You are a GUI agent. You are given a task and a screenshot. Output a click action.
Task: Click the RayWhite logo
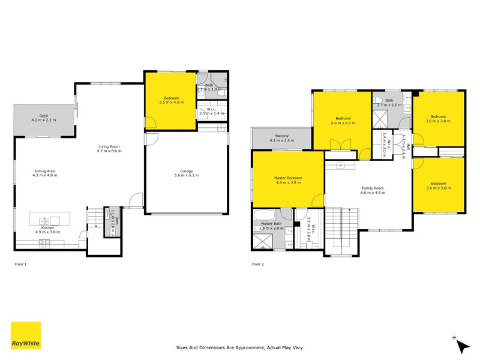point(26,335)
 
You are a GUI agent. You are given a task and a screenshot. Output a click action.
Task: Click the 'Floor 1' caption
point(20,264)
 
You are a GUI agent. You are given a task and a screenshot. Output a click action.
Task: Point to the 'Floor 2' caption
point(258,264)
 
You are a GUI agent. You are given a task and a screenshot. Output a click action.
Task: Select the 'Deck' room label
point(43,115)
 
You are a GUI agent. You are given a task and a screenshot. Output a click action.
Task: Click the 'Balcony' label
point(282,136)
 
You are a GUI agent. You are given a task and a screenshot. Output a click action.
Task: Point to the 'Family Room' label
point(372,188)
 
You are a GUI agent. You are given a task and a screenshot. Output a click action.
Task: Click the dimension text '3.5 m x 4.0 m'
point(171,103)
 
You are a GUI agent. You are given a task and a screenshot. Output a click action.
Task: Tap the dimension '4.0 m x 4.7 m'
point(343,123)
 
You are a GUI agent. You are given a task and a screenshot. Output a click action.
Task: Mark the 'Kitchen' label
point(48,228)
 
